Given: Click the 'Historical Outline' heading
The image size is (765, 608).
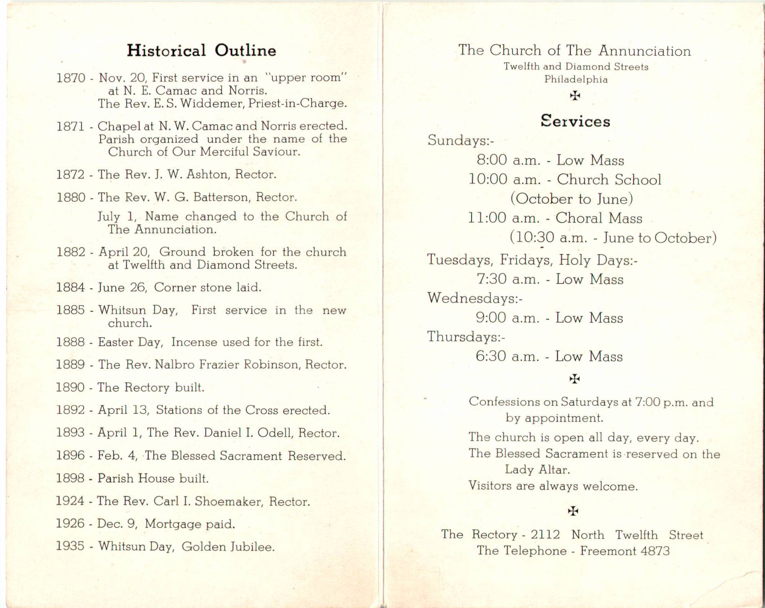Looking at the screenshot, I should pyautogui.click(x=201, y=51).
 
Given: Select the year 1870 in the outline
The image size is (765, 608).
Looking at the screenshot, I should pyautogui.click(x=71, y=78).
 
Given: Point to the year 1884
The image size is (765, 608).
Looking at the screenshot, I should pyautogui.click(x=70, y=288).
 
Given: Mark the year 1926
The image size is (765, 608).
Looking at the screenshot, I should pyautogui.click(x=70, y=523).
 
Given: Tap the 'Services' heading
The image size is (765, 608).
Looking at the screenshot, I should pyautogui.click(x=575, y=121).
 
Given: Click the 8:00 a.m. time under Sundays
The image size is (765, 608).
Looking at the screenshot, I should pyautogui.click(x=508, y=160).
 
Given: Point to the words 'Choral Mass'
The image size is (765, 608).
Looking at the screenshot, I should pyautogui.click(x=599, y=218).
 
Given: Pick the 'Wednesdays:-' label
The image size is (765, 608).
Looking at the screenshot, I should pyautogui.click(x=475, y=298).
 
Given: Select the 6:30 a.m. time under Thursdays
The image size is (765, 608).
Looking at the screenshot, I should pyautogui.click(x=507, y=356).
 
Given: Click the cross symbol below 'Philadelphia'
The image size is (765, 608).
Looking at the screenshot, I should pyautogui.click(x=575, y=95).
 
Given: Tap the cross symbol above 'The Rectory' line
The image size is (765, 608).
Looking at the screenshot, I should pyautogui.click(x=573, y=511).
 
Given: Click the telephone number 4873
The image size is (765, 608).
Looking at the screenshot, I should pyautogui.click(x=655, y=551).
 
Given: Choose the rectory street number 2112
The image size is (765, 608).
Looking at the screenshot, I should pyautogui.click(x=545, y=535).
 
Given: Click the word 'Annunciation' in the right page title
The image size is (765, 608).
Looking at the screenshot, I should pyautogui.click(x=645, y=51).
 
